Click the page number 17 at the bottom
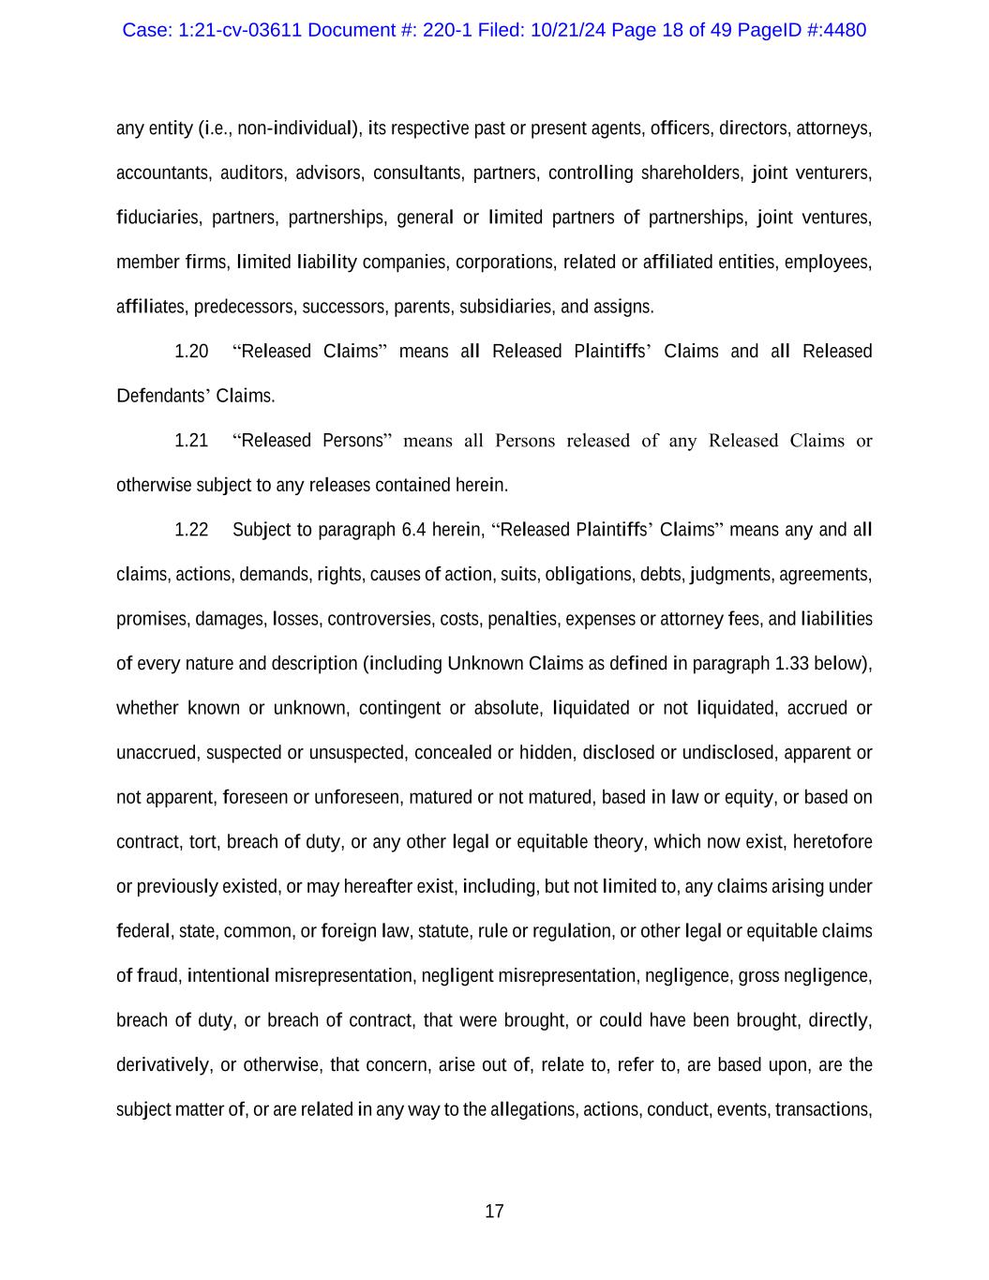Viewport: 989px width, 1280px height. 494,1212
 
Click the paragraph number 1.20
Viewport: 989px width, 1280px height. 191,352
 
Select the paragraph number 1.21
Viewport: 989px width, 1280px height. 191,441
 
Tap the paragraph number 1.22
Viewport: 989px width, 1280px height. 191,530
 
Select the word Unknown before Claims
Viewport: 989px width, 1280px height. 485,664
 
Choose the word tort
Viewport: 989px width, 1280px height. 202,842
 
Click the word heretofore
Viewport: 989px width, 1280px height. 832,842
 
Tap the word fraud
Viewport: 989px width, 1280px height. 157,976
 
